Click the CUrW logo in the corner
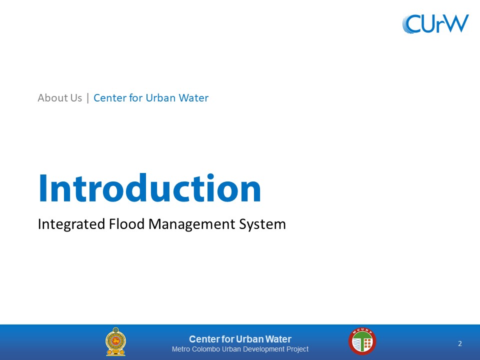pyautogui.click(x=435, y=23)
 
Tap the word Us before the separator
pyautogui.click(x=76, y=98)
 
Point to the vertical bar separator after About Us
pyautogui.click(x=88, y=98)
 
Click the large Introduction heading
pyautogui.click(x=149, y=187)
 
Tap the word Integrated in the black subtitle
pyautogui.click(x=71, y=224)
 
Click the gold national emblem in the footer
pyautogui.click(x=115, y=341)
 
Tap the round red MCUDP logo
pyautogui.click(x=362, y=341)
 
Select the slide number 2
pyautogui.click(x=460, y=343)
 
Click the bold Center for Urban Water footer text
pyautogui.click(x=240, y=339)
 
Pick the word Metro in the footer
pyautogui.click(x=181, y=349)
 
